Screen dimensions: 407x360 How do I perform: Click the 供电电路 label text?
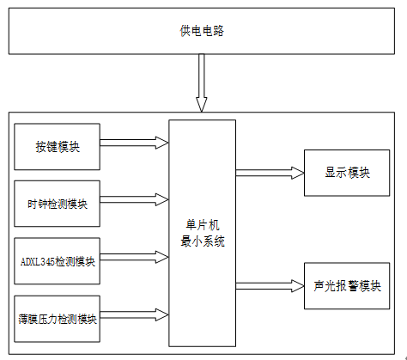[x=202, y=31]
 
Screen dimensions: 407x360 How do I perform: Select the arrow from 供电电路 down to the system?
[x=202, y=83]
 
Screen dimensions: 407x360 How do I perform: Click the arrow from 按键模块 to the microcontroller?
[x=134, y=143]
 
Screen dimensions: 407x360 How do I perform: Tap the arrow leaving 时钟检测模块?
[x=134, y=199]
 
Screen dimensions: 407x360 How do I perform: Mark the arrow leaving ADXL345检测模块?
[x=134, y=257]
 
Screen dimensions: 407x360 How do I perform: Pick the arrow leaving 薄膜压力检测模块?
[x=134, y=314]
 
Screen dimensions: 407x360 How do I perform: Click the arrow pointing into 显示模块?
[x=270, y=173]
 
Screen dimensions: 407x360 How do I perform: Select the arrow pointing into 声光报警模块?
[x=270, y=286]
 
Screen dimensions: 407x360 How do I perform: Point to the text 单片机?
[x=203, y=225]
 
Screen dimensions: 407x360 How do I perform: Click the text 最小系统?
[x=203, y=241]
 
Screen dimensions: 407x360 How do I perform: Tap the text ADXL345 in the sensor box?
[x=38, y=261]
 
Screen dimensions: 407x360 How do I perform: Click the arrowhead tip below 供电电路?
[x=202, y=112]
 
